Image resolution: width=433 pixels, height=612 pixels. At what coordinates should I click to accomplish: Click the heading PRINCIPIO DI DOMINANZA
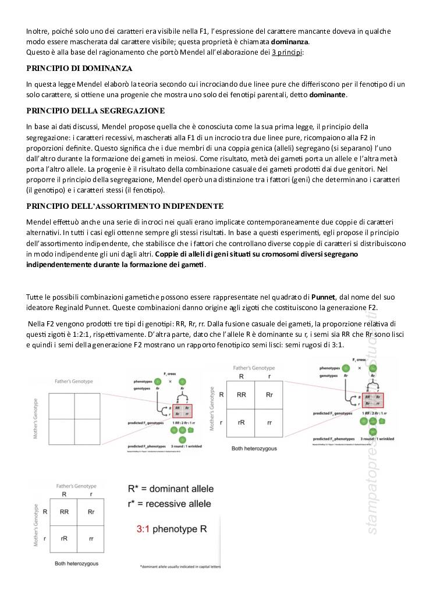coord(79,69)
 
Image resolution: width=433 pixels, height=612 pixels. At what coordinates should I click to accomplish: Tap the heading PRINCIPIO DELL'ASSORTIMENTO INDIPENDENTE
coord(125,206)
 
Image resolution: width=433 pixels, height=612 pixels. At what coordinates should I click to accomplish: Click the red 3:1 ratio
coord(145,529)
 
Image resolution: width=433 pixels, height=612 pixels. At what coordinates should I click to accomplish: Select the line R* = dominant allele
coord(171,489)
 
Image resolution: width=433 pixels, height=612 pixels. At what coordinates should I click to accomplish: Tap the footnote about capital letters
coord(179,567)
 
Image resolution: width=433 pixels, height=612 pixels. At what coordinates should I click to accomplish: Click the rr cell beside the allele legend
coord(91,539)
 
